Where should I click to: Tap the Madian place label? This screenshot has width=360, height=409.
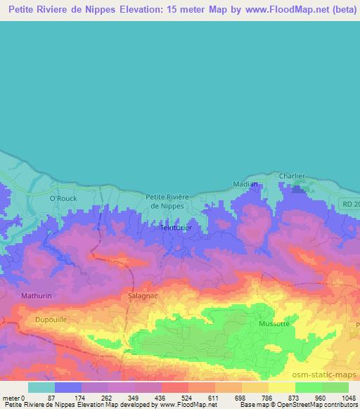coord(245,184)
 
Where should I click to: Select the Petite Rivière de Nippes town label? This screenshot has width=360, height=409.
coord(165,202)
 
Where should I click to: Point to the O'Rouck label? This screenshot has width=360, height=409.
coord(62,199)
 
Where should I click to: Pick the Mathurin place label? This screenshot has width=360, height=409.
coord(37,296)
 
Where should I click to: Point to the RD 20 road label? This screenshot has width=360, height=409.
coord(350,204)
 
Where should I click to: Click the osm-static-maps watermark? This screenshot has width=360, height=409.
coord(325,373)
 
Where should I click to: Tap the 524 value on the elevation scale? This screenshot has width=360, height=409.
coord(176,397)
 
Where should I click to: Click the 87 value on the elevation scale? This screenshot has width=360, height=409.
coord(51,397)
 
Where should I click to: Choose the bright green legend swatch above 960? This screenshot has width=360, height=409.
coord(309,387)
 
